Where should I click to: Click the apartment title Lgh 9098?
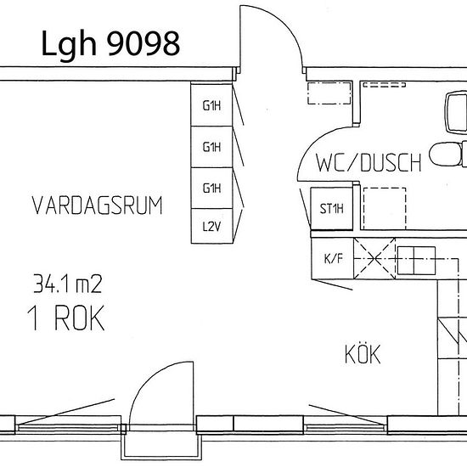pyautogui.click(x=110, y=44)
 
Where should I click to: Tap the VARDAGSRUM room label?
pyautogui.click(x=97, y=205)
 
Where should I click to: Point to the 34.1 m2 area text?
pyautogui.click(x=68, y=284)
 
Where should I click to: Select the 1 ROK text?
pyautogui.click(x=66, y=318)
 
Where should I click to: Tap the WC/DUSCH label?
pyautogui.click(x=369, y=163)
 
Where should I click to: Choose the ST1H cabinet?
pyautogui.click(x=331, y=209)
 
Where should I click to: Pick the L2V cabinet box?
pyautogui.click(x=211, y=226)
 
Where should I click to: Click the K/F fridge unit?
pyautogui.click(x=333, y=258)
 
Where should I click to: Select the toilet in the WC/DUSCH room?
pyautogui.click(x=448, y=154)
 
